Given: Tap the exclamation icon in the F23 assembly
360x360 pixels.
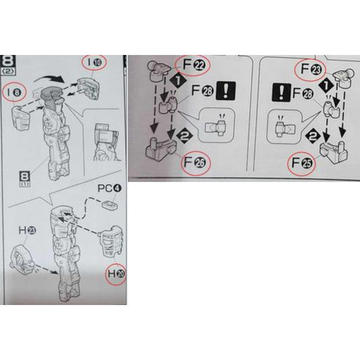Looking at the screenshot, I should tap(280, 93).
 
